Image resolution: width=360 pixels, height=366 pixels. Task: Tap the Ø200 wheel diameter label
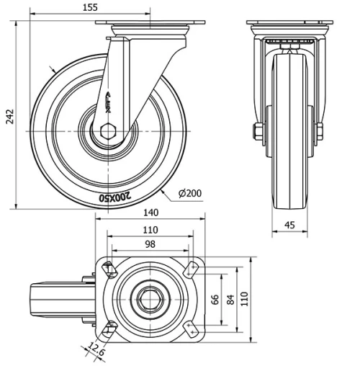tap(189, 192)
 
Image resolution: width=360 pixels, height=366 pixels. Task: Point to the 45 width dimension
tap(289, 225)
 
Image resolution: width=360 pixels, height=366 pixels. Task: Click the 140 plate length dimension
tap(150, 212)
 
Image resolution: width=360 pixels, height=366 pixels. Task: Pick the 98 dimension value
tap(150, 245)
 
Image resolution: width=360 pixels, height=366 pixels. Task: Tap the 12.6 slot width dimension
tap(95, 352)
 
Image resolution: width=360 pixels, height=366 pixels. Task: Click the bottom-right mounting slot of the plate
tap(191, 329)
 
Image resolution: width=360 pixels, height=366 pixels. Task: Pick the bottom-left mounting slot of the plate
tap(109, 329)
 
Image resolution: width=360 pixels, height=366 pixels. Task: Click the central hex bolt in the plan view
tap(150, 298)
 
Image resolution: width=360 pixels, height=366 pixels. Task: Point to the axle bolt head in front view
tap(257, 132)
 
